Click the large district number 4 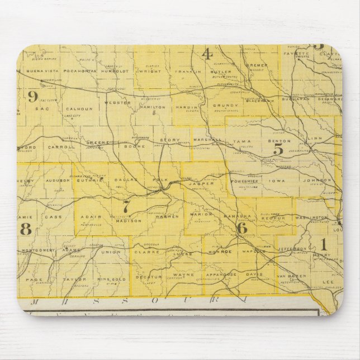207,54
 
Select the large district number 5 278,149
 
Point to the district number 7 126,206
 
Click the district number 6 241,227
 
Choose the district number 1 323,244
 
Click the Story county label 167,140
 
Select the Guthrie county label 94,181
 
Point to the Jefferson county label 292,248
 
